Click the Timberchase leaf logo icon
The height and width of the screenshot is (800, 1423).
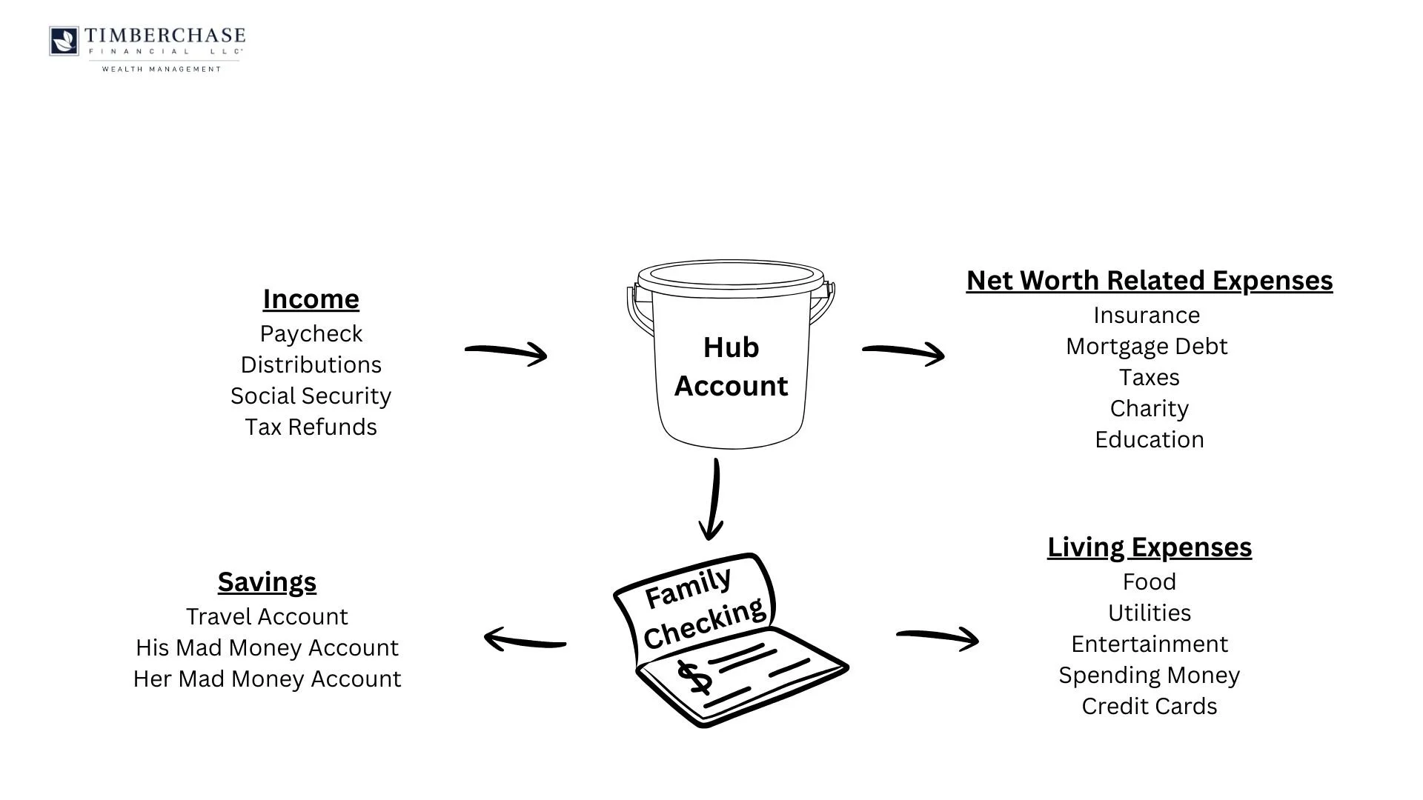click(64, 41)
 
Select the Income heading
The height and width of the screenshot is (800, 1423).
click(311, 299)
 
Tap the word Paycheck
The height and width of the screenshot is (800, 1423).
click(311, 334)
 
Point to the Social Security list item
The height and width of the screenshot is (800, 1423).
click(311, 396)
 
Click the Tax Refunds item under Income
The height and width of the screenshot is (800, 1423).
click(311, 427)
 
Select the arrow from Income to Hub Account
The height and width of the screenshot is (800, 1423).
click(506, 352)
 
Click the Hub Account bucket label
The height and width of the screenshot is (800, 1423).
click(731, 367)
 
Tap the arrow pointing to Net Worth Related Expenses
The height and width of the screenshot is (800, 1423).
click(903, 352)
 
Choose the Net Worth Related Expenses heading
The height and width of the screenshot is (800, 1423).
click(1149, 281)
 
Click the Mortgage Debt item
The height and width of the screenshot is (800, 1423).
click(1147, 347)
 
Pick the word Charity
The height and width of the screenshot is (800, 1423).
click(1149, 409)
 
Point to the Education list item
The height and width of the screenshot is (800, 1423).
click(1149, 440)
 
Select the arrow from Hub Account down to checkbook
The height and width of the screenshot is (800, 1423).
click(713, 499)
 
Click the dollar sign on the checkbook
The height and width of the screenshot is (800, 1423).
click(694, 678)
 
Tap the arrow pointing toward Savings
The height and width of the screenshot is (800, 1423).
click(525, 639)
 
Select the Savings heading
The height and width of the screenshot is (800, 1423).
click(267, 582)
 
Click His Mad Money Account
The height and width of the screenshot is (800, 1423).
click(267, 648)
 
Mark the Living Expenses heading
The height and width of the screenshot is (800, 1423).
click(1149, 547)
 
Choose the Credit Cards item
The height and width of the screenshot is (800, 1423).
click(1149, 707)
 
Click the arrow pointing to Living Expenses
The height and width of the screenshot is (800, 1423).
click(938, 637)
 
